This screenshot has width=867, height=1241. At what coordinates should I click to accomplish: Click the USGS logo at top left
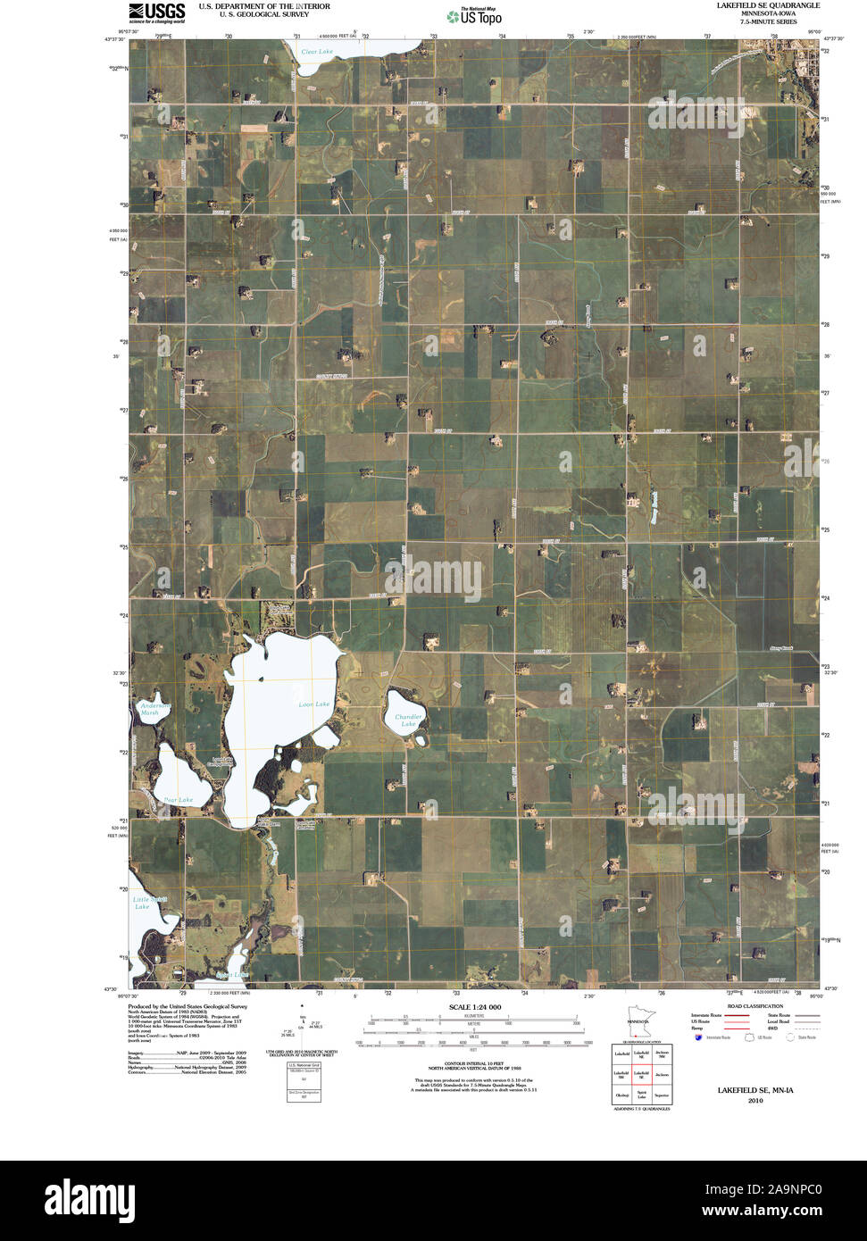(x=157, y=12)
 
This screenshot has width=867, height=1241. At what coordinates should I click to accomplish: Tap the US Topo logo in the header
(x=475, y=15)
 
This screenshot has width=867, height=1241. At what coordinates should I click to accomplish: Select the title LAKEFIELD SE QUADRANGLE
(x=767, y=5)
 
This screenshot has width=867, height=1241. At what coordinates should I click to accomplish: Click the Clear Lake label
(x=317, y=52)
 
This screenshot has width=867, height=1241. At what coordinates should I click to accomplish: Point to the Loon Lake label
(x=313, y=704)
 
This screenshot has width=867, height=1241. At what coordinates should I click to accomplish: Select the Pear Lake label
(x=179, y=799)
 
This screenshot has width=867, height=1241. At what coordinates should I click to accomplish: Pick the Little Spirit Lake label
(x=143, y=903)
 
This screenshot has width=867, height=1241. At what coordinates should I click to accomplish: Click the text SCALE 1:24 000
(x=475, y=1007)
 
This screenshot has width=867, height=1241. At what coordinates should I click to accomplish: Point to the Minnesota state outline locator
(x=638, y=1025)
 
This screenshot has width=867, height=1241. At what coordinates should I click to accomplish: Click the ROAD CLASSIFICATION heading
(x=755, y=1006)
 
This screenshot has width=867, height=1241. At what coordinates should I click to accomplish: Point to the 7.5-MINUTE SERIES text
(x=767, y=21)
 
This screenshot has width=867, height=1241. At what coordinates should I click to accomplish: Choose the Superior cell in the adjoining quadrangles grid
(x=662, y=1092)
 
